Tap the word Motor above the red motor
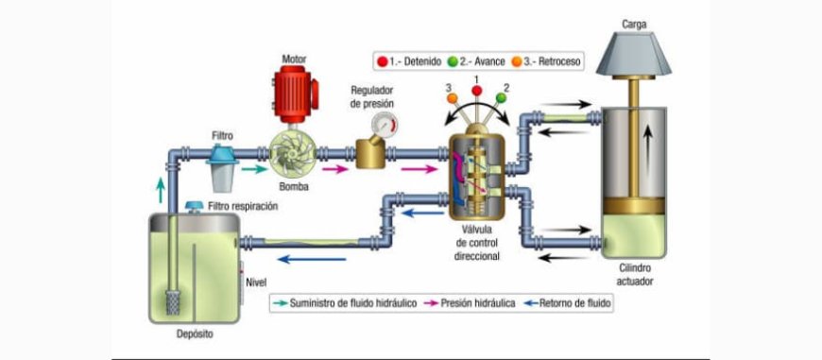(x=295, y=60)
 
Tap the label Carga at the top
(x=634, y=23)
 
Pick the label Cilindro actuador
(x=634, y=274)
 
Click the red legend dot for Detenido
(x=383, y=62)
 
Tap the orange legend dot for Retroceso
(x=525, y=62)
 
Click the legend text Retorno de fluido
(x=574, y=303)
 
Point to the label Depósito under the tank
(x=196, y=335)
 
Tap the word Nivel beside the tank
(x=256, y=282)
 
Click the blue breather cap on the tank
(x=194, y=206)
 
